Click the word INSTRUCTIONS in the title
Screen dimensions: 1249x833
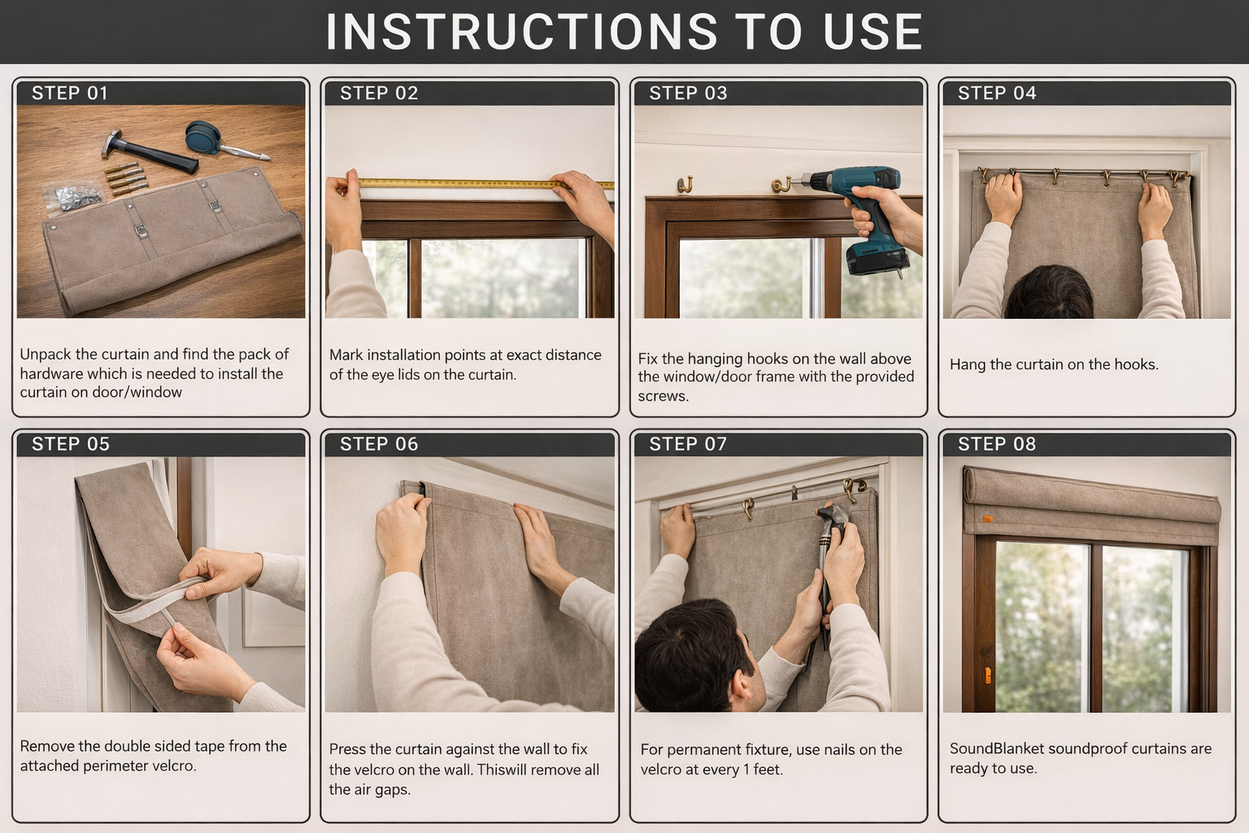[x=521, y=32]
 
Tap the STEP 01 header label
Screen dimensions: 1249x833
[x=70, y=94]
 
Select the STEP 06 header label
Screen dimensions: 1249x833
[x=379, y=444]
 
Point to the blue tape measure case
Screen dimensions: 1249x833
[x=202, y=137]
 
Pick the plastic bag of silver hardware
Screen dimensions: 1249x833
[x=72, y=196]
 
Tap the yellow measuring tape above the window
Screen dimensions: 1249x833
[x=486, y=183]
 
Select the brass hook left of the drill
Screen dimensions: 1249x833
[x=781, y=184]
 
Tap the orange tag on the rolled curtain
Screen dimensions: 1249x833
[x=987, y=520]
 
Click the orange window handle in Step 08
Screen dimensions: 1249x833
[x=987, y=675]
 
